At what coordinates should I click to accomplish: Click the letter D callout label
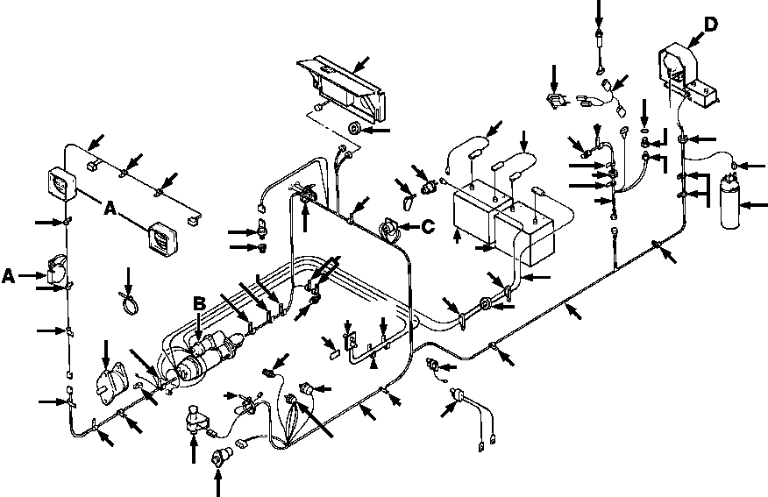click(x=711, y=24)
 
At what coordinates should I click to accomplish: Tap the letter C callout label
click(x=428, y=227)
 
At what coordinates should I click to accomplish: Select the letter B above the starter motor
click(x=198, y=303)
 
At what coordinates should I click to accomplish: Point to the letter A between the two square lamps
click(x=110, y=209)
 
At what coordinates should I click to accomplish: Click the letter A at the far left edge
click(x=8, y=276)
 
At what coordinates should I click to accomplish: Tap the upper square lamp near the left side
click(x=62, y=184)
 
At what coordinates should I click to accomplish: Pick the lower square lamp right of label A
click(x=163, y=239)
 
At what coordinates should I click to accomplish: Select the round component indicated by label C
click(x=390, y=230)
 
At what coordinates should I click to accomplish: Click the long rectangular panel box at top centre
click(x=340, y=89)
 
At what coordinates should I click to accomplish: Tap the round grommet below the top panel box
click(x=353, y=129)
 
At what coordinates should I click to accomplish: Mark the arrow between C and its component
click(x=409, y=227)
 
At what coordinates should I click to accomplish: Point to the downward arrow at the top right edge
click(x=599, y=13)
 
